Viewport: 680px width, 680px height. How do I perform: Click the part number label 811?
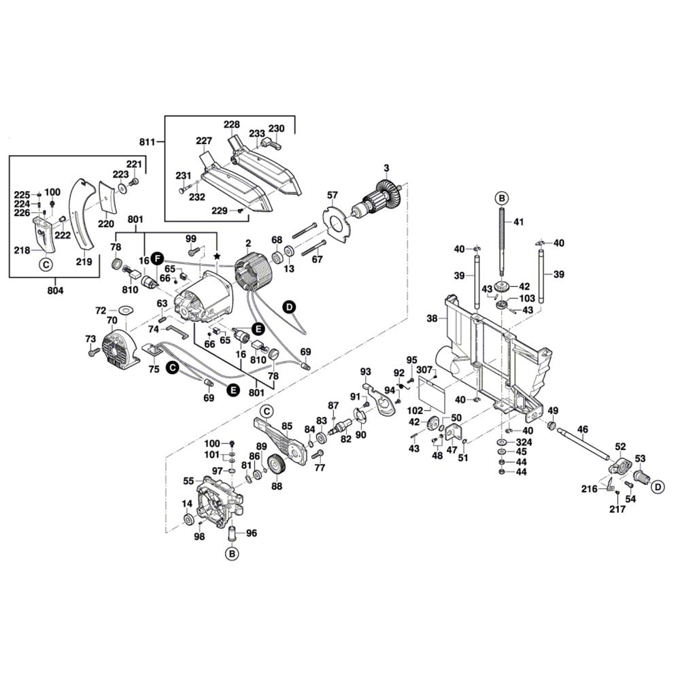[147, 142]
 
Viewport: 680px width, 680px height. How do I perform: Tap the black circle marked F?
[157, 258]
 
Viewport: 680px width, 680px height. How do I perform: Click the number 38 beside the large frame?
[432, 318]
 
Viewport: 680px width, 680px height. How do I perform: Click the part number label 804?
[55, 291]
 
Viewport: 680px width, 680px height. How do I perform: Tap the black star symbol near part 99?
[217, 255]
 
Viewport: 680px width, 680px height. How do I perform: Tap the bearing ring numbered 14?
[186, 520]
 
